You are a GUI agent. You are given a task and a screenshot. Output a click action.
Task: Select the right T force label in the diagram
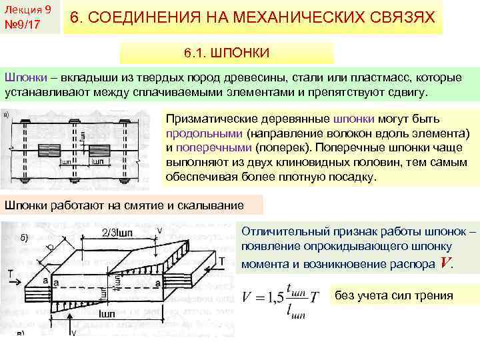pos(221,260)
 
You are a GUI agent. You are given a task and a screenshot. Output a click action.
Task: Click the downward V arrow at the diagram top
pos(159,239)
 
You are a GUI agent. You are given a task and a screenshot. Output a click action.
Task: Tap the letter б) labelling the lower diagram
pos(24,238)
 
